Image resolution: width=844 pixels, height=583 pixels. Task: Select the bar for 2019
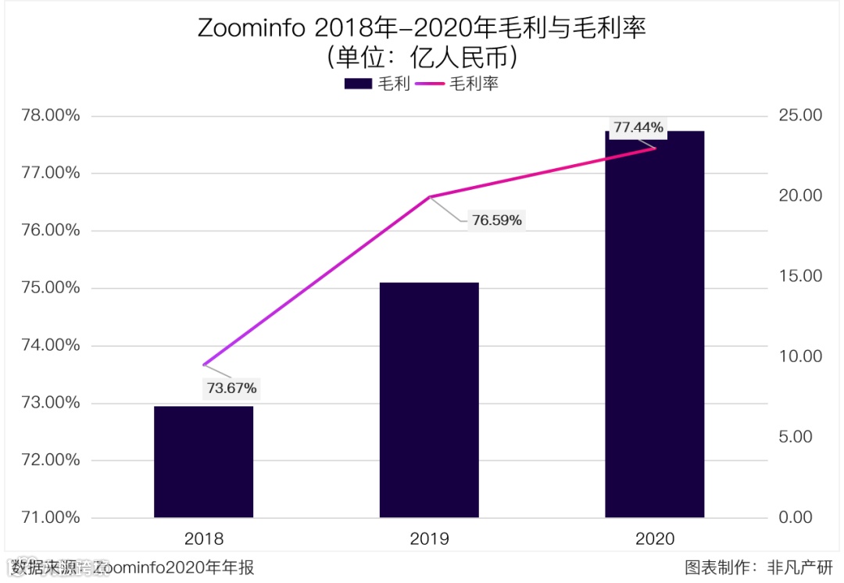tap(429, 399)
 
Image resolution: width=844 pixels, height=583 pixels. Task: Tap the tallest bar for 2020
tap(655, 324)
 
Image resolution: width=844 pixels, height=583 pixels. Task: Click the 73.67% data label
tap(231, 388)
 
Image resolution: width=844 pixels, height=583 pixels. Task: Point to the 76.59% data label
tap(496, 220)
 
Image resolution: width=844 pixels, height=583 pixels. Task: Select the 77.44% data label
tap(638, 127)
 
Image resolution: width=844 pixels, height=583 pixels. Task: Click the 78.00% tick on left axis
tap(51, 116)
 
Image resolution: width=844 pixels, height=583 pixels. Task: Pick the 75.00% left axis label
tap(51, 288)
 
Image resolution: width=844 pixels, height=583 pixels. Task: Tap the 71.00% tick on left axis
tap(51, 517)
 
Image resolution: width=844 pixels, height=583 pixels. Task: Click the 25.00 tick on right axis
tap(800, 116)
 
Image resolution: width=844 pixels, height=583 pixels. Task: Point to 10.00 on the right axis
tap(800, 356)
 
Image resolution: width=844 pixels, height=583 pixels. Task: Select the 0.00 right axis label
tap(796, 517)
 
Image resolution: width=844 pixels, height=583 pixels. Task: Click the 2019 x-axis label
tap(429, 539)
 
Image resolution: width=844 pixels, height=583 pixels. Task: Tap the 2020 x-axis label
tap(655, 539)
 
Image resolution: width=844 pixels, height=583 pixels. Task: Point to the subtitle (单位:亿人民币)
tap(422, 59)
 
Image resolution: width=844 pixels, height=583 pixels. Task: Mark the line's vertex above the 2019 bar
tap(429, 197)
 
